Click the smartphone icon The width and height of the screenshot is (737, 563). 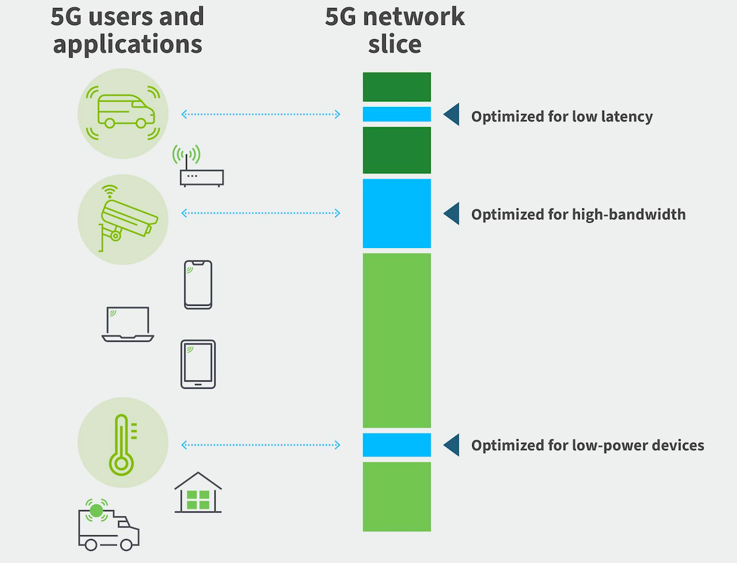coord(198,285)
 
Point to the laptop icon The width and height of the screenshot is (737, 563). coord(128,324)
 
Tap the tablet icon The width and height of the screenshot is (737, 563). coord(198,364)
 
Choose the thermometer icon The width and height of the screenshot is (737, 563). coord(122,443)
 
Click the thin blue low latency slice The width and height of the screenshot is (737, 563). coord(397,114)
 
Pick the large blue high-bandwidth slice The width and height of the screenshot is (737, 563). coord(397,214)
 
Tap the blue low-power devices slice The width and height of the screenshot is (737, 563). coord(397,445)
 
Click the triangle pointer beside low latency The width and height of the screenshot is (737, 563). coord(452,115)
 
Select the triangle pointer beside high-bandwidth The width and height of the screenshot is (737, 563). coord(452,214)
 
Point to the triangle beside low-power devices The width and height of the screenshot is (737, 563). coord(452,445)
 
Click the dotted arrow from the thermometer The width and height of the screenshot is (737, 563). coord(260,445)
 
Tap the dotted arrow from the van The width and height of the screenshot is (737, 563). coord(260,115)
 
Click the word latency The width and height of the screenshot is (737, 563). coord(626,117)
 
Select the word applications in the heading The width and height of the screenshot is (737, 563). coord(127,45)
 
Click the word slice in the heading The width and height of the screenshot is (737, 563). coord(395,44)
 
